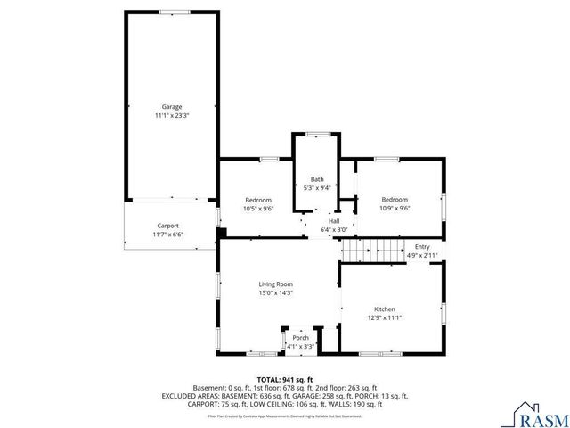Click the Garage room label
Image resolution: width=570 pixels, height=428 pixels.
tap(171, 107)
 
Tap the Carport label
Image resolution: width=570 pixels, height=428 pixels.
tap(168, 226)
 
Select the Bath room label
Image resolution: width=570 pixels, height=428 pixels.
tap(316, 179)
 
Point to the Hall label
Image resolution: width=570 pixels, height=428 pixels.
tap(334, 221)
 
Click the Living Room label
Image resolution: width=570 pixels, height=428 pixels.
tap(275, 284)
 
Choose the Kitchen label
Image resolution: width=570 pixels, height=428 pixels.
tap(385, 309)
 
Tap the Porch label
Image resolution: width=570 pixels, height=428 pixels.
tap(301, 338)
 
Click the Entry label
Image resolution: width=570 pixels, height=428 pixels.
tap(422, 247)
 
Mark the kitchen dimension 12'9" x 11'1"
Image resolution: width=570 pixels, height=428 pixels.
tap(385, 318)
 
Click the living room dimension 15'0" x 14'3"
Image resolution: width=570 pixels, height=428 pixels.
tap(275, 292)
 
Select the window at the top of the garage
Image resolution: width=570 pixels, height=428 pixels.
tap(173, 12)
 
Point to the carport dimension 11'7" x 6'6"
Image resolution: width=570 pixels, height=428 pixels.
tap(168, 235)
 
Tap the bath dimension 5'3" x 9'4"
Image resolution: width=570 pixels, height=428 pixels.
tap(316, 188)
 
